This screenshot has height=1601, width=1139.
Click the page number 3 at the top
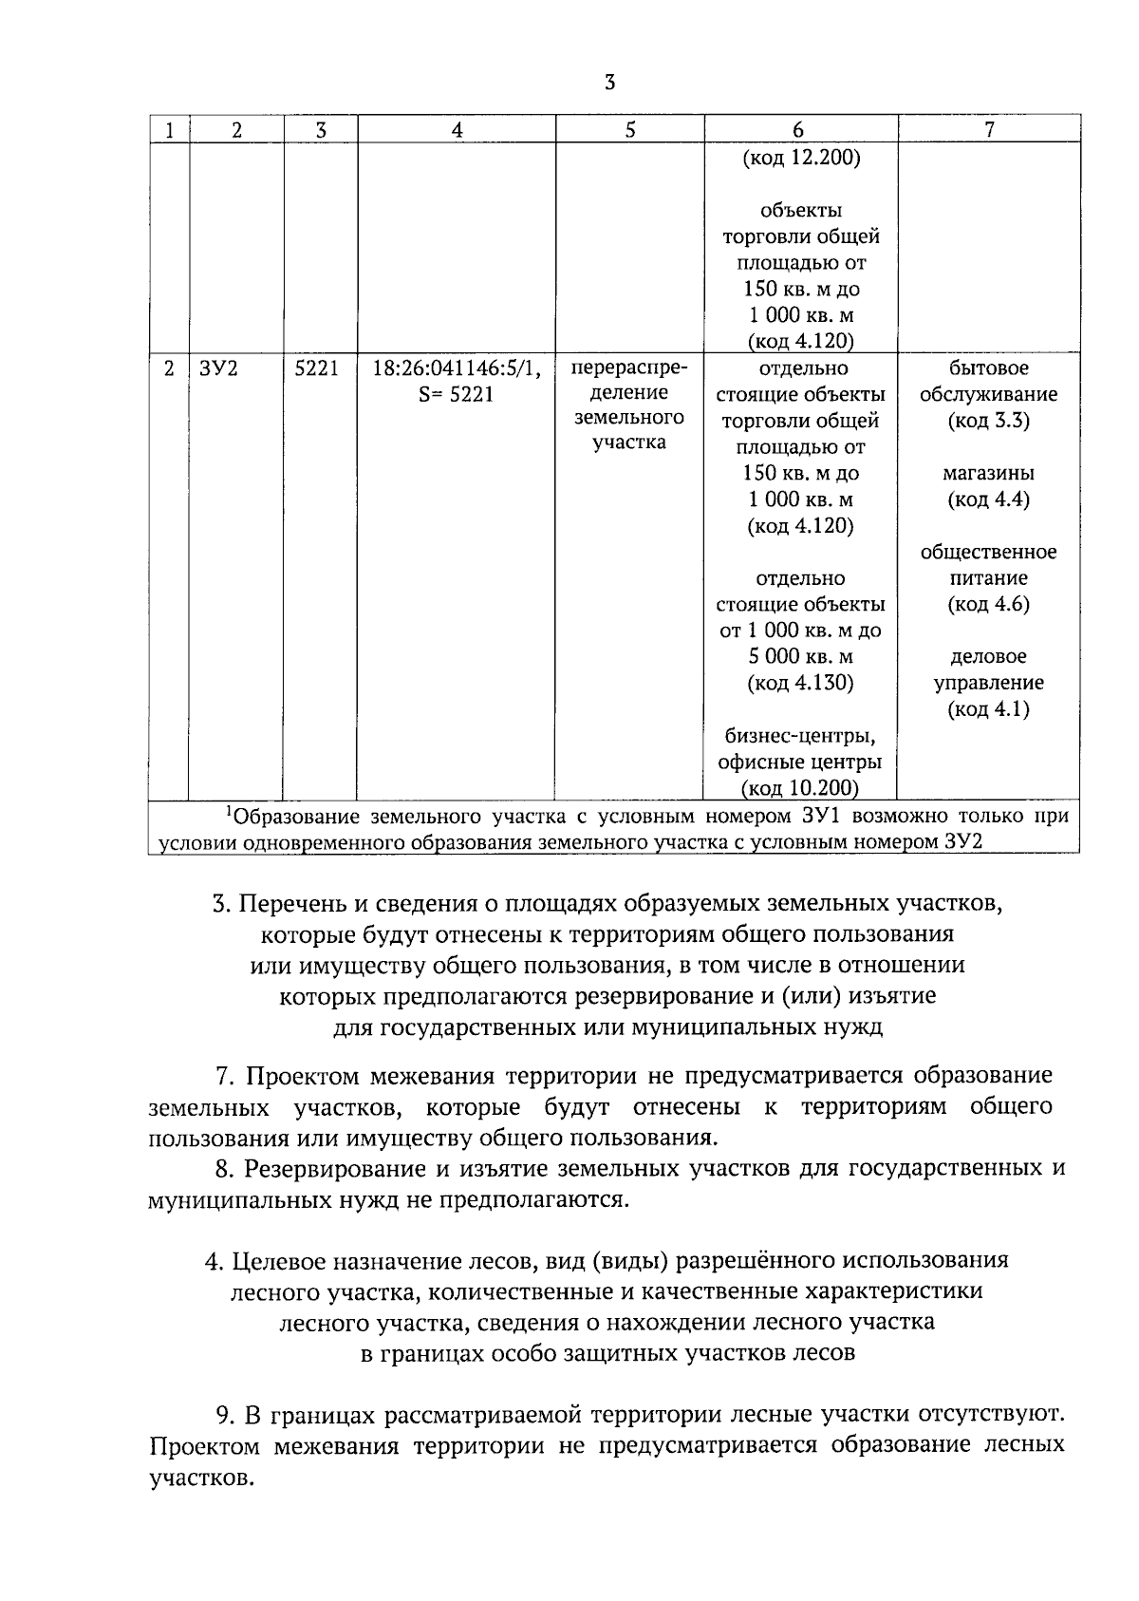(609, 83)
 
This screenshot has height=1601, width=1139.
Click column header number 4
(457, 130)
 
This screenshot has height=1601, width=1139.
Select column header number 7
(989, 130)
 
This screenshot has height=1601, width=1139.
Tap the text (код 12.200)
(800, 158)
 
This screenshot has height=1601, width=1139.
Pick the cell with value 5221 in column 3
(316, 368)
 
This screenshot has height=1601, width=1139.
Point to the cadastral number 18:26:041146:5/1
(457, 368)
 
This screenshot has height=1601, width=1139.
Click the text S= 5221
(456, 394)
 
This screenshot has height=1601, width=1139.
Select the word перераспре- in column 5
(628, 367)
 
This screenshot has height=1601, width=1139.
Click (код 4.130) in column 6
(800, 683)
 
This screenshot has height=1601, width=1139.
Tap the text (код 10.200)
(800, 787)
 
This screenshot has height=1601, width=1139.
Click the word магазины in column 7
(988, 473)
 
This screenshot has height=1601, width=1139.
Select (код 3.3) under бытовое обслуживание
(988, 421)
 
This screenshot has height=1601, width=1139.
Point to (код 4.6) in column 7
(988, 604)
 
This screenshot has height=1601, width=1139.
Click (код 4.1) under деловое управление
(988, 708)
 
